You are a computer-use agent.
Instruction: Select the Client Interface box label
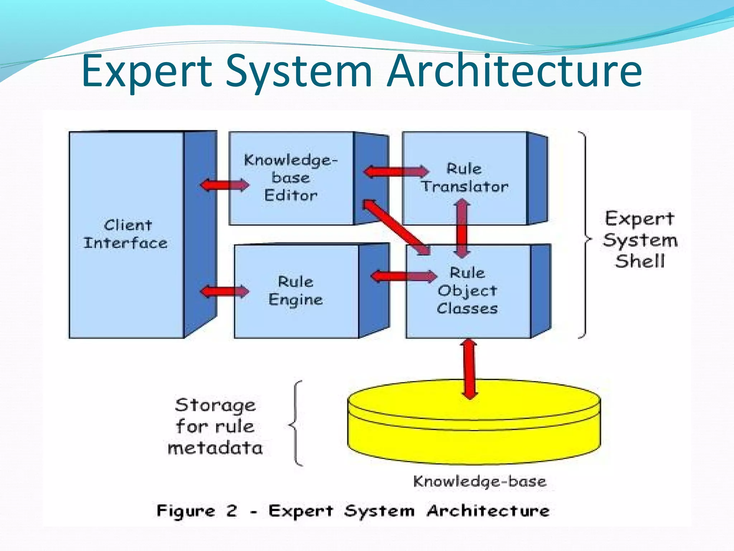point(125,234)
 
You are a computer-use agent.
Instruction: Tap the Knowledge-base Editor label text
point(291,178)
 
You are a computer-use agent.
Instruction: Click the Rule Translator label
point(464,178)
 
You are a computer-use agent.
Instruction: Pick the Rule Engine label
point(296,291)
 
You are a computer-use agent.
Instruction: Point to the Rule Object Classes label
point(467,291)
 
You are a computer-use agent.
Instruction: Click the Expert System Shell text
point(640,240)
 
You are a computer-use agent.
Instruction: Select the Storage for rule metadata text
point(215,427)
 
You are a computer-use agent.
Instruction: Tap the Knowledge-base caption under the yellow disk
point(480,481)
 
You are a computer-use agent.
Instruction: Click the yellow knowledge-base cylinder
point(474,430)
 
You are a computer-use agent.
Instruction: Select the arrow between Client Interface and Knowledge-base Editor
point(225,185)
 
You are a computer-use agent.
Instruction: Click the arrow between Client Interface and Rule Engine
point(225,291)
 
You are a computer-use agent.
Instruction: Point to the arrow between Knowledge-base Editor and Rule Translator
point(396,171)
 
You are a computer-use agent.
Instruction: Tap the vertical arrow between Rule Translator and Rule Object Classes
point(462,229)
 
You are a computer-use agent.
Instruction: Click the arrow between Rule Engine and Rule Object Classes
point(404,276)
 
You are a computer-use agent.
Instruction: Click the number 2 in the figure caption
point(232,510)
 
